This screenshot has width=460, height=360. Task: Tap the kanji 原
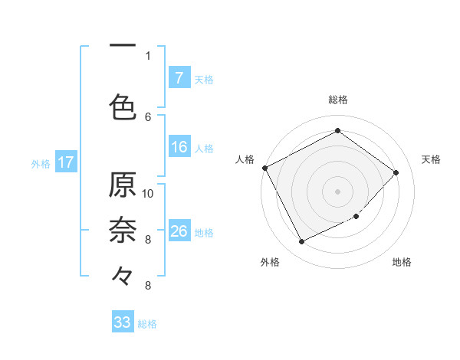[x=123, y=185]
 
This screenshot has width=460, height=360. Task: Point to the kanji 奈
[x=123, y=229]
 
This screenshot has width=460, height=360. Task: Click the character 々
[x=123, y=273]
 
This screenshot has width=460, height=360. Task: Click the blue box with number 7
[x=179, y=77]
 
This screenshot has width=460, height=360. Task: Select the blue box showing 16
[x=179, y=147]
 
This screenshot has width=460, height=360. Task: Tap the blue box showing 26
[x=179, y=231]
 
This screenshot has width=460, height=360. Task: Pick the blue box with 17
[x=65, y=162]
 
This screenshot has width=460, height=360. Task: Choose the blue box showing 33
[x=123, y=322]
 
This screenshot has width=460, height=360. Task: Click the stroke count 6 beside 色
[x=148, y=116]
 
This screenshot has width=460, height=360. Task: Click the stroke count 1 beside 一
[x=148, y=56]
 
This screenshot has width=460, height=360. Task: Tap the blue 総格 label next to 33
[x=147, y=324]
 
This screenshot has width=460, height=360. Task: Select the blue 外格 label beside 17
[x=41, y=163]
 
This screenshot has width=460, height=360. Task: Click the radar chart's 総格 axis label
[x=337, y=100]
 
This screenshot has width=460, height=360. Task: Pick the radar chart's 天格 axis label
[x=431, y=159]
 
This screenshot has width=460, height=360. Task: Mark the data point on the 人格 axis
[x=264, y=168]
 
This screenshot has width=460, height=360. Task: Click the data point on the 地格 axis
[x=356, y=217]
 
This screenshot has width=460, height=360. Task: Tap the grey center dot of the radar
[x=337, y=191]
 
